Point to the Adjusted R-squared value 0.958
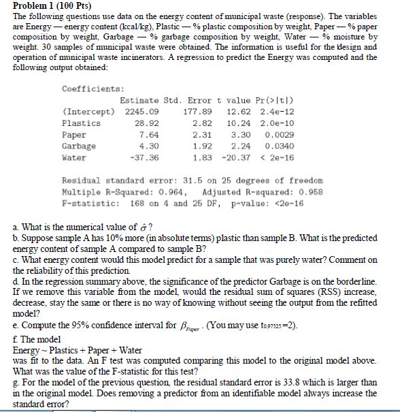[297, 191]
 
